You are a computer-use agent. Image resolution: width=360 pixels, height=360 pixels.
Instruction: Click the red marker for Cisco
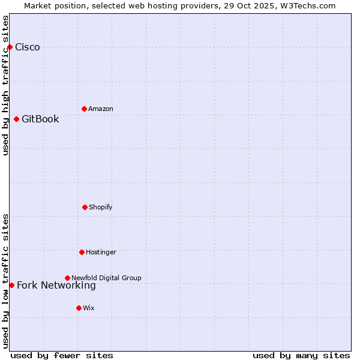point(10,47)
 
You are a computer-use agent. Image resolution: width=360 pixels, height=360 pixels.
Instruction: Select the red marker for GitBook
point(16,119)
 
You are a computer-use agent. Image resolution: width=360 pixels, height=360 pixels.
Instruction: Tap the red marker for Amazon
point(84,109)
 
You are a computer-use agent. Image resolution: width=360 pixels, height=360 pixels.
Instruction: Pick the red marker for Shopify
point(85,207)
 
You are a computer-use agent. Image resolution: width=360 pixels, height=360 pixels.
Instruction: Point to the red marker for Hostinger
point(82,252)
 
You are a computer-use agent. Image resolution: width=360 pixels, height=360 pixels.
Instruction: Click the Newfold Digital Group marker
point(67,278)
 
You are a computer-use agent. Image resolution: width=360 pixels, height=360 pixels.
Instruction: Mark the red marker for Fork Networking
point(11,285)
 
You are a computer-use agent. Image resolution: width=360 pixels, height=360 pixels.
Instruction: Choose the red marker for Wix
point(79,308)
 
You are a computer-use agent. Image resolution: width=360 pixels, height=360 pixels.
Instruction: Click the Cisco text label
point(28,47)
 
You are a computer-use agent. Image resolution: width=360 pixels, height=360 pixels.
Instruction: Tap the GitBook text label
point(40,119)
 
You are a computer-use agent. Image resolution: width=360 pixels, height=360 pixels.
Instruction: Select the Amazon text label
point(101,109)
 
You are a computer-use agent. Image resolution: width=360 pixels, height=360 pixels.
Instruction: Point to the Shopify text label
point(101,207)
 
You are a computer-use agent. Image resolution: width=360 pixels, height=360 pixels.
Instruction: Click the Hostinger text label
point(101,252)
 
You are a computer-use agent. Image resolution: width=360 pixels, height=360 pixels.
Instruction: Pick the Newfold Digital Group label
point(106,278)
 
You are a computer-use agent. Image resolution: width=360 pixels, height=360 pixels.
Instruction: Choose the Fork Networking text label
point(56,286)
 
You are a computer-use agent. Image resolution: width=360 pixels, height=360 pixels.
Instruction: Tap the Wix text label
point(89,308)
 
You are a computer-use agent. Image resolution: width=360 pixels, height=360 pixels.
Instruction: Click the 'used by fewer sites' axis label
point(62,355)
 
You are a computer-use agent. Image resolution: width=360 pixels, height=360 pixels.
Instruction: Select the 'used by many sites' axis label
point(301,355)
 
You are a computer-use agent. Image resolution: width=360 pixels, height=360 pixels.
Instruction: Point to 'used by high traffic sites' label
point(5,85)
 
